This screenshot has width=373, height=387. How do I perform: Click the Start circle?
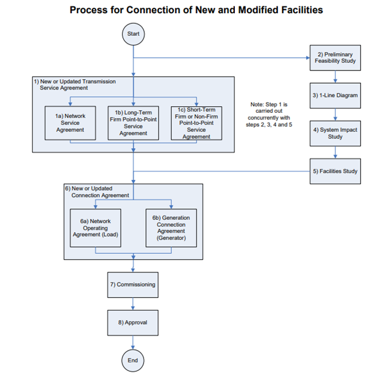pos(133,34)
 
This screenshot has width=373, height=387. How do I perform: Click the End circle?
pos(133,360)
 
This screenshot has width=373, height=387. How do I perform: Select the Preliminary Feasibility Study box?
pos(335,58)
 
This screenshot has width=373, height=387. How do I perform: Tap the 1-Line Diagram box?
pos(335,96)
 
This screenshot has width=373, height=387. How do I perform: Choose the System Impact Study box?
pos(335,133)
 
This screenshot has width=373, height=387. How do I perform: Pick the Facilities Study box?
pos(335,171)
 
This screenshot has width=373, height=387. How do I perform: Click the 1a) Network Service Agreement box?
pos(70,122)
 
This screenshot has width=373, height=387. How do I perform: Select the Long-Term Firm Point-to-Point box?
pos(133,122)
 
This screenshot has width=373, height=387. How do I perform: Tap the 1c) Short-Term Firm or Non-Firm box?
pos(196,123)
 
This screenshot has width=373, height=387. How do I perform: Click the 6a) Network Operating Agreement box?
pos(96,228)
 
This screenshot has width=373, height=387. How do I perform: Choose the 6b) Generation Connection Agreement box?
pos(172,228)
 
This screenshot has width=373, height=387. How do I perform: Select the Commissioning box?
pos(133,285)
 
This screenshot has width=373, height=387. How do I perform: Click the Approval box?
pos(133,322)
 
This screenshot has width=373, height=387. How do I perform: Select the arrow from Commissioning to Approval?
pos(133,303)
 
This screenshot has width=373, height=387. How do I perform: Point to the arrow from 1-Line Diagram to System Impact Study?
pos(335,114)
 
